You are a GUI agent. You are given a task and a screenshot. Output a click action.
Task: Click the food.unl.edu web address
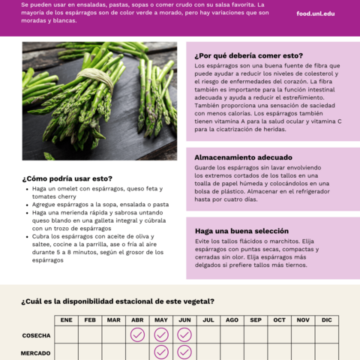pyautogui.click(x=316, y=13)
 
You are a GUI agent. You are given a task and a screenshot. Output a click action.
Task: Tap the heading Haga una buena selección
pyautogui.click(x=241, y=231)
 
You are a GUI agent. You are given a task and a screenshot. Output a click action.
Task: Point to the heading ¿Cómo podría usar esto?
pyautogui.click(x=67, y=178)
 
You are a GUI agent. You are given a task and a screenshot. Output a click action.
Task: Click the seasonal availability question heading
pyautogui.click(x=118, y=301)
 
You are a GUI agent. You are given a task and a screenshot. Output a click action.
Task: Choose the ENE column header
pyautogui.click(x=67, y=320)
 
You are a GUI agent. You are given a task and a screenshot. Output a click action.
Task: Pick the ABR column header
pyautogui.click(x=137, y=320)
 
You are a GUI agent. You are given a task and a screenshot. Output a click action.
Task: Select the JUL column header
pyautogui.click(x=208, y=320)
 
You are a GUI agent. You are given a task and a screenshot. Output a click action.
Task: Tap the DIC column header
pyautogui.click(x=326, y=320)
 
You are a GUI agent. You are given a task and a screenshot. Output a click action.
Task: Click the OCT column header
pyautogui.click(x=279, y=320)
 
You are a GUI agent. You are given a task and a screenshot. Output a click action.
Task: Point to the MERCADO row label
pyautogui.click(x=36, y=352)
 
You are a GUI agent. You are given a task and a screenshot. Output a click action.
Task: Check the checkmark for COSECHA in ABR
pyautogui.click(x=137, y=334)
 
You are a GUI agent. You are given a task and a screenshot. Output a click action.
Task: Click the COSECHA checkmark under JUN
pyautogui.click(x=184, y=334)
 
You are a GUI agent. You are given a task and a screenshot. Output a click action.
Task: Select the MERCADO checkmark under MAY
pyautogui.click(x=161, y=352)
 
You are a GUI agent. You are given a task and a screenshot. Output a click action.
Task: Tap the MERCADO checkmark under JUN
pyautogui.click(x=184, y=352)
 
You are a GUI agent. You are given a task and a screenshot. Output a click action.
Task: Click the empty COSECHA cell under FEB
pyautogui.click(x=90, y=334)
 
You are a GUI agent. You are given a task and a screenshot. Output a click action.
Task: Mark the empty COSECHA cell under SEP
pyautogui.click(x=256, y=334)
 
